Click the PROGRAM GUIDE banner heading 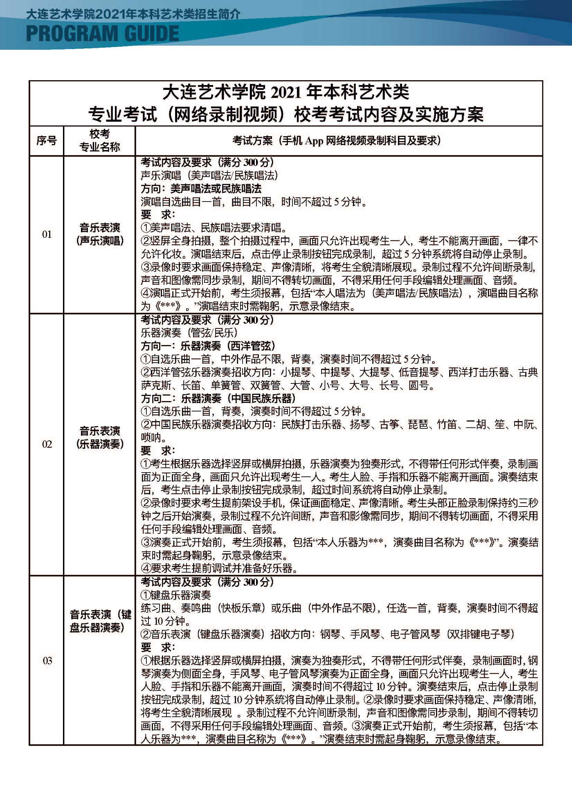coord(102,34)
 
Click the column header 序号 coord(46,141)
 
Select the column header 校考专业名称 coord(100,140)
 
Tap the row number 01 coord(47,234)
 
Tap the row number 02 coord(47,444)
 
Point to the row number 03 coord(47,661)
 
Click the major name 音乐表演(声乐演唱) coord(100,234)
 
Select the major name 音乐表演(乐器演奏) coord(100,437)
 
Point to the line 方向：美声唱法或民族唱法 coord(201,189)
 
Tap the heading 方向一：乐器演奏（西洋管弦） coord(208,346)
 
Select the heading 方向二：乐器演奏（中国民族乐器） coord(218,398)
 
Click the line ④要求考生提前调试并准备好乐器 coord(219,568)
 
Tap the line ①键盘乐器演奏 coord(176,595)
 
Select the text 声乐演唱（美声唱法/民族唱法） coord(209,175)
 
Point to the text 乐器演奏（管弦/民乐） coord(189,333)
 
